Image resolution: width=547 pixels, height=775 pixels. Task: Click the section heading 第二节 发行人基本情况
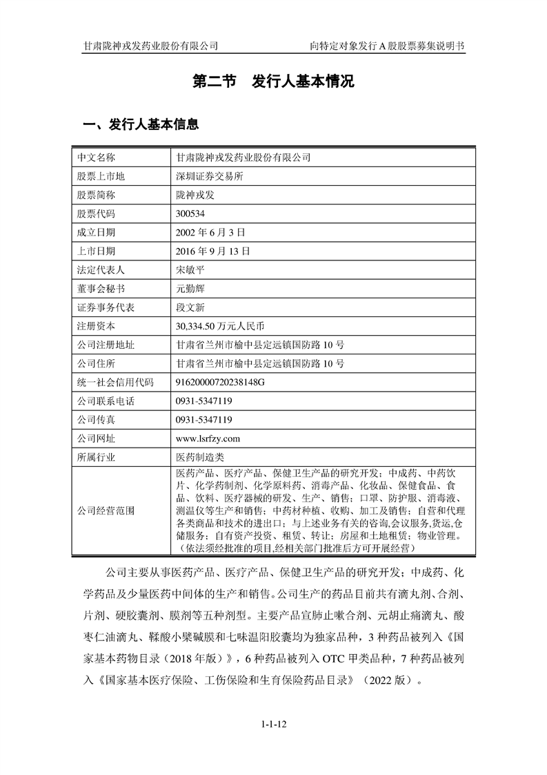[x=273, y=82]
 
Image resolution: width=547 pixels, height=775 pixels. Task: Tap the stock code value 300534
[x=191, y=213]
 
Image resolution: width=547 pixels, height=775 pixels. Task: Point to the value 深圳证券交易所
[x=210, y=176]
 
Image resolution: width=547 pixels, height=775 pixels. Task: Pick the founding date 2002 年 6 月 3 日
[x=210, y=232]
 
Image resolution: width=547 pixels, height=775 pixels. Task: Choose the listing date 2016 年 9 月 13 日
[x=213, y=251]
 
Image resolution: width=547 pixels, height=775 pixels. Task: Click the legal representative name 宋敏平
[x=191, y=269]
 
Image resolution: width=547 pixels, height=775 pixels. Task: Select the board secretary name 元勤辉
[x=191, y=288]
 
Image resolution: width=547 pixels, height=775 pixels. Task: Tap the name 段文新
[x=191, y=307]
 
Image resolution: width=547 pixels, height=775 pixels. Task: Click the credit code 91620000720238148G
[x=221, y=382]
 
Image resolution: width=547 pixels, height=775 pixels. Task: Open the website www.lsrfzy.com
[x=208, y=438]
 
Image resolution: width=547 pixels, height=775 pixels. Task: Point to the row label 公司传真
[x=96, y=419]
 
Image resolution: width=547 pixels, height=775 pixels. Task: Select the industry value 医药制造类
[x=201, y=457]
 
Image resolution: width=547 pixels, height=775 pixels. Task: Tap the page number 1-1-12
[x=273, y=725]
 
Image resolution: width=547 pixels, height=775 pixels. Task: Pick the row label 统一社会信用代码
[x=115, y=382]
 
